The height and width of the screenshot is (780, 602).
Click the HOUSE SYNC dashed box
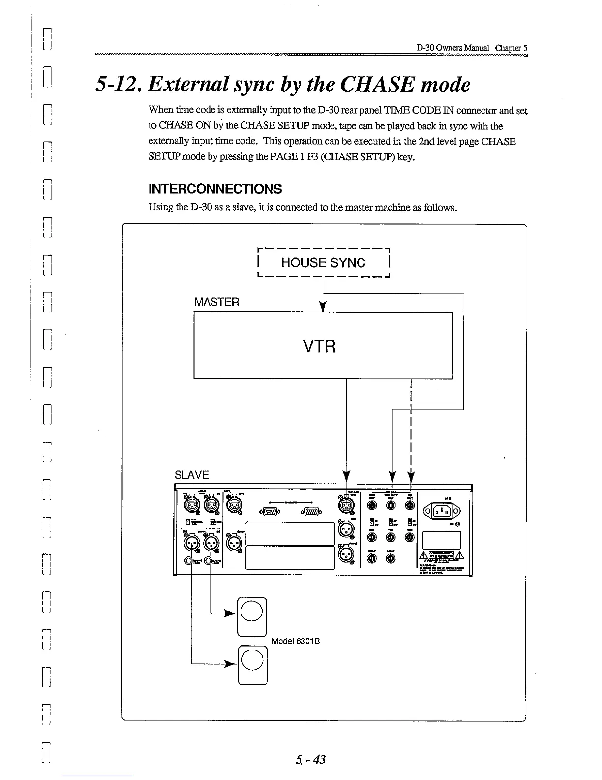(x=323, y=262)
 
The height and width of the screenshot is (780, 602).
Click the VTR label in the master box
(x=320, y=347)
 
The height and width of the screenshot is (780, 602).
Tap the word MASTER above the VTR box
(x=216, y=302)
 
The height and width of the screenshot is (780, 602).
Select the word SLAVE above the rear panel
(x=192, y=475)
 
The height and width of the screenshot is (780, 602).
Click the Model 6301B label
(x=296, y=641)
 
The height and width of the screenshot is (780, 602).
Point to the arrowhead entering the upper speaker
(x=229, y=613)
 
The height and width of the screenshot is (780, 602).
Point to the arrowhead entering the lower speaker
(x=229, y=664)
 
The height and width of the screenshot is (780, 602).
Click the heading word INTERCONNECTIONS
(x=215, y=189)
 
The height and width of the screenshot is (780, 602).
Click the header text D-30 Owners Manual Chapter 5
(x=472, y=48)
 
